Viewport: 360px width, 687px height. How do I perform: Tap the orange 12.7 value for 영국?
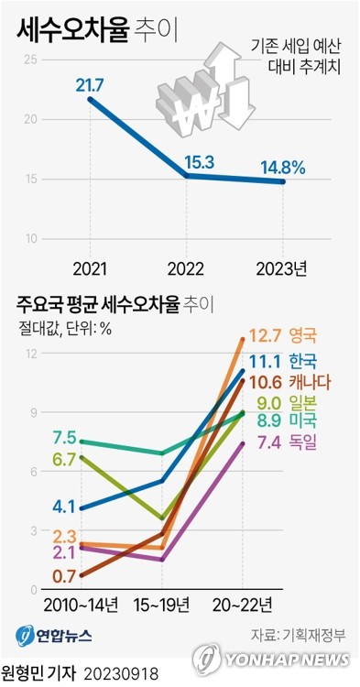tap(266, 335)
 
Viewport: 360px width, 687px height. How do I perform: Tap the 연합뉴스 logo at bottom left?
tap(53, 635)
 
